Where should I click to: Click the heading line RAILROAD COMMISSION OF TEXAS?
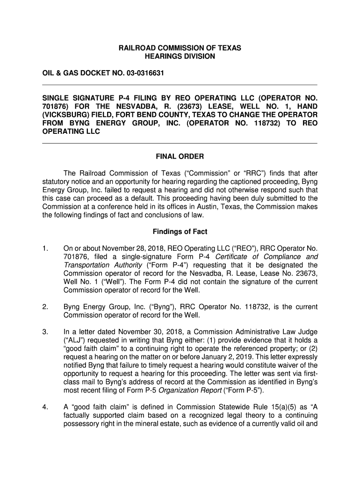[x=180, y=48]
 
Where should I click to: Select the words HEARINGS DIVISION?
[x=180, y=57]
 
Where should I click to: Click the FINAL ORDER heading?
[x=180, y=156]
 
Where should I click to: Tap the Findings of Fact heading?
[x=180, y=232]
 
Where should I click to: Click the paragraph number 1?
[x=45, y=248]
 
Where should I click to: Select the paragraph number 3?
[x=45, y=332]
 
